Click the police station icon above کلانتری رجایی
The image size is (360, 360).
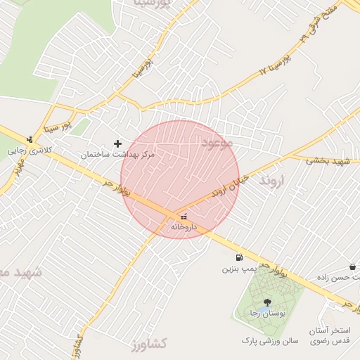[30, 139]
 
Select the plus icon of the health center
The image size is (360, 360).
[117, 143]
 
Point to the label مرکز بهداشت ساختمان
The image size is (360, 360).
[117, 153]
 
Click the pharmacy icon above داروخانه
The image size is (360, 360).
[185, 217]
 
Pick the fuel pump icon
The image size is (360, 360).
[240, 258]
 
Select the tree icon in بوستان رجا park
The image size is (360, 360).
[266, 302]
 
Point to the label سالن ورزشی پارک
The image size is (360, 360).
[271, 340]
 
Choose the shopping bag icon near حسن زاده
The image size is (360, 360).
[352, 267]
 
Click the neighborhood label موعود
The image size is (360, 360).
[217, 143]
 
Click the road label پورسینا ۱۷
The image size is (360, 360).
[275, 63]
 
